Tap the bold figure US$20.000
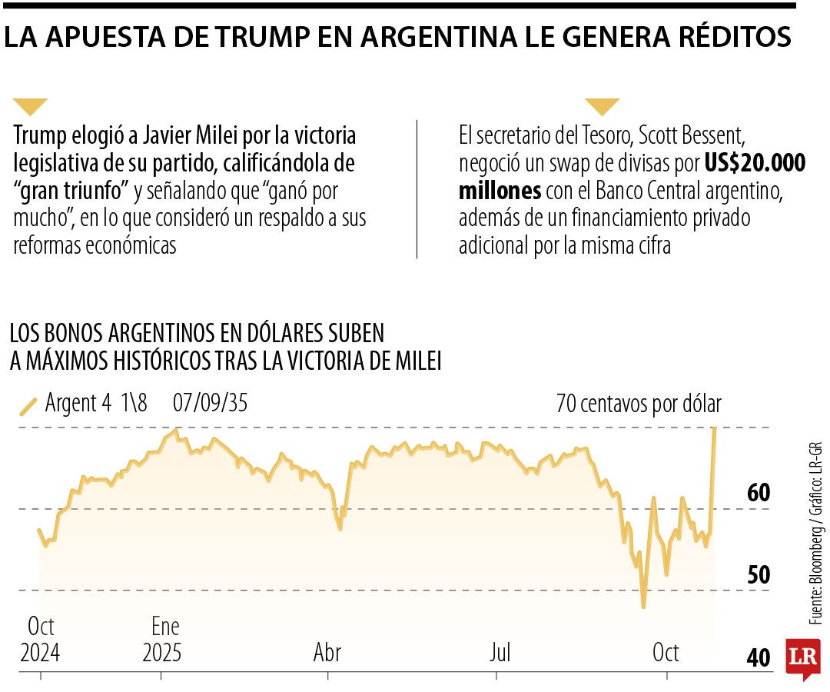tap(755, 163)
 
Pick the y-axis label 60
tap(759, 493)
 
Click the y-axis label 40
tap(759, 658)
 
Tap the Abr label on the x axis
tap(327, 653)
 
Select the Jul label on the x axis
tap(500, 653)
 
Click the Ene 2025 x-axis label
tap(161, 640)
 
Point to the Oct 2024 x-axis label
tap(40, 640)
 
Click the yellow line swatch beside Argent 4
tap(28, 405)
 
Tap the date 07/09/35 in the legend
tap(210, 403)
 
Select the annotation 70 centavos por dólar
tap(639, 404)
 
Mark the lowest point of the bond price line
tap(643, 607)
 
